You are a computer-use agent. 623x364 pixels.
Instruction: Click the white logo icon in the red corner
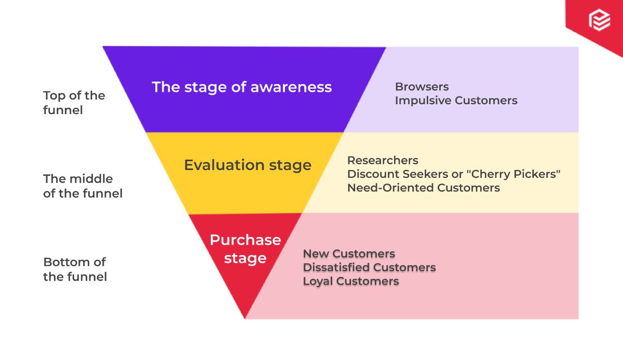pyautogui.click(x=600, y=20)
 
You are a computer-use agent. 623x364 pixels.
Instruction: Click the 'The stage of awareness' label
pyautogui.click(x=241, y=87)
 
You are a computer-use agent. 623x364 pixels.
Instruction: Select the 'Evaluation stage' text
pyautogui.click(x=248, y=165)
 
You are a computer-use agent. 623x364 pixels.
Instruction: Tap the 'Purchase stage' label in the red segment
pyautogui.click(x=245, y=249)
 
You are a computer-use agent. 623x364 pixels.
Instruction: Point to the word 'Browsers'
pyautogui.click(x=422, y=87)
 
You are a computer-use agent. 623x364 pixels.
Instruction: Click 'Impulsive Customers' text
pyautogui.click(x=456, y=101)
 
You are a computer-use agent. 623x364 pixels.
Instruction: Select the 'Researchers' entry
pyautogui.click(x=383, y=160)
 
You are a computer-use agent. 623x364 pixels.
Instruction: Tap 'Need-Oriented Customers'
pyautogui.click(x=423, y=188)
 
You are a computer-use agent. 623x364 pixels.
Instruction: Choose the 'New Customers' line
pyautogui.click(x=349, y=254)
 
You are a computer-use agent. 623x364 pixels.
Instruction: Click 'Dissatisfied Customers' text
pyautogui.click(x=369, y=268)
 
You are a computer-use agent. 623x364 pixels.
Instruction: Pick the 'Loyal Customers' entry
pyautogui.click(x=351, y=281)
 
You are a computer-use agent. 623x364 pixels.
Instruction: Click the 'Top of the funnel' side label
pyautogui.click(x=74, y=103)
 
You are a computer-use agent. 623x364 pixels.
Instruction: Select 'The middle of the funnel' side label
pyautogui.click(x=83, y=186)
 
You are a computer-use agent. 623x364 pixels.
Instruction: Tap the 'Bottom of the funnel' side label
pyautogui.click(x=75, y=269)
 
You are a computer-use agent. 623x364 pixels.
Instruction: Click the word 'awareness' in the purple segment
pyautogui.click(x=291, y=87)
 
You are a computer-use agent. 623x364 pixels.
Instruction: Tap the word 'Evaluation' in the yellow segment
pyautogui.click(x=217, y=165)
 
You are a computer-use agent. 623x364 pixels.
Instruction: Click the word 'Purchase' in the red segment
pyautogui.click(x=245, y=240)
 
